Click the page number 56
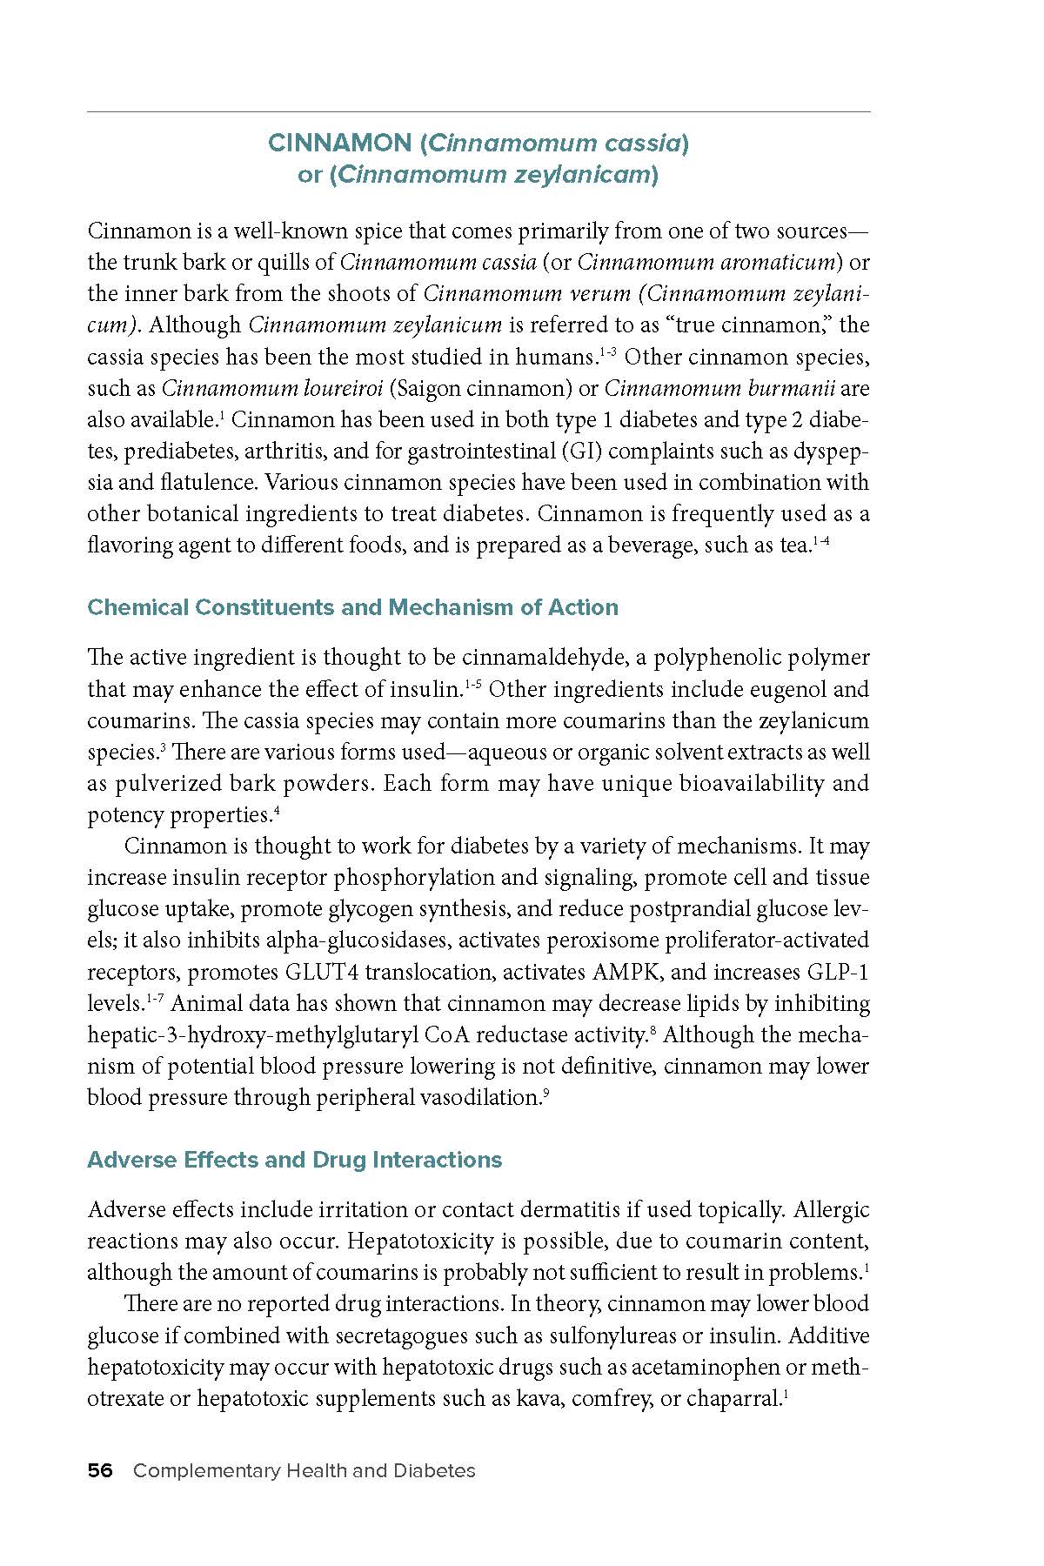(100, 1470)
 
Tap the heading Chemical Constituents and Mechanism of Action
(352, 607)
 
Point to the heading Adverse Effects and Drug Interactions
(295, 1160)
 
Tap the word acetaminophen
(714, 1367)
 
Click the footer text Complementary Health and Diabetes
(304, 1470)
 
